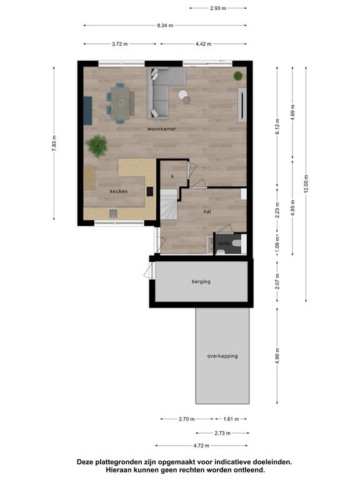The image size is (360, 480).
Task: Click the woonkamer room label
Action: tap(162, 129)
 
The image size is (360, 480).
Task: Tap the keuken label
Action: tap(119, 191)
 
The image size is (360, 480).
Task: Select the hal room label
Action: tap(207, 211)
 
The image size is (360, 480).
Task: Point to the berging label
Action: tap(201, 282)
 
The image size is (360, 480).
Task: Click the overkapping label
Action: tap(222, 356)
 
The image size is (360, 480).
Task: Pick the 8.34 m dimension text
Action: tap(165, 26)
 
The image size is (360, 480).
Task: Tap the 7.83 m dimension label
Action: tap(54, 143)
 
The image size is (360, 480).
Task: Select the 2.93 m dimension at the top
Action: tap(218, 8)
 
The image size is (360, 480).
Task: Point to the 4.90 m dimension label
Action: tap(277, 356)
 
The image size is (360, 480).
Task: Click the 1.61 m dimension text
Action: tap(231, 419)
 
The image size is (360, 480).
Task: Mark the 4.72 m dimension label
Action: tap(201, 446)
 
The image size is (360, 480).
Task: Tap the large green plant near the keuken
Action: tap(97, 146)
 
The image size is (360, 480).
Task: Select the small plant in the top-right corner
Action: tap(238, 76)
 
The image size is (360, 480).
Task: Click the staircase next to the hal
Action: tap(169, 204)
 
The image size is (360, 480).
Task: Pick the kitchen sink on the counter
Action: tap(113, 214)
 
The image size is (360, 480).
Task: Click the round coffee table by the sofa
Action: tap(184, 96)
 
